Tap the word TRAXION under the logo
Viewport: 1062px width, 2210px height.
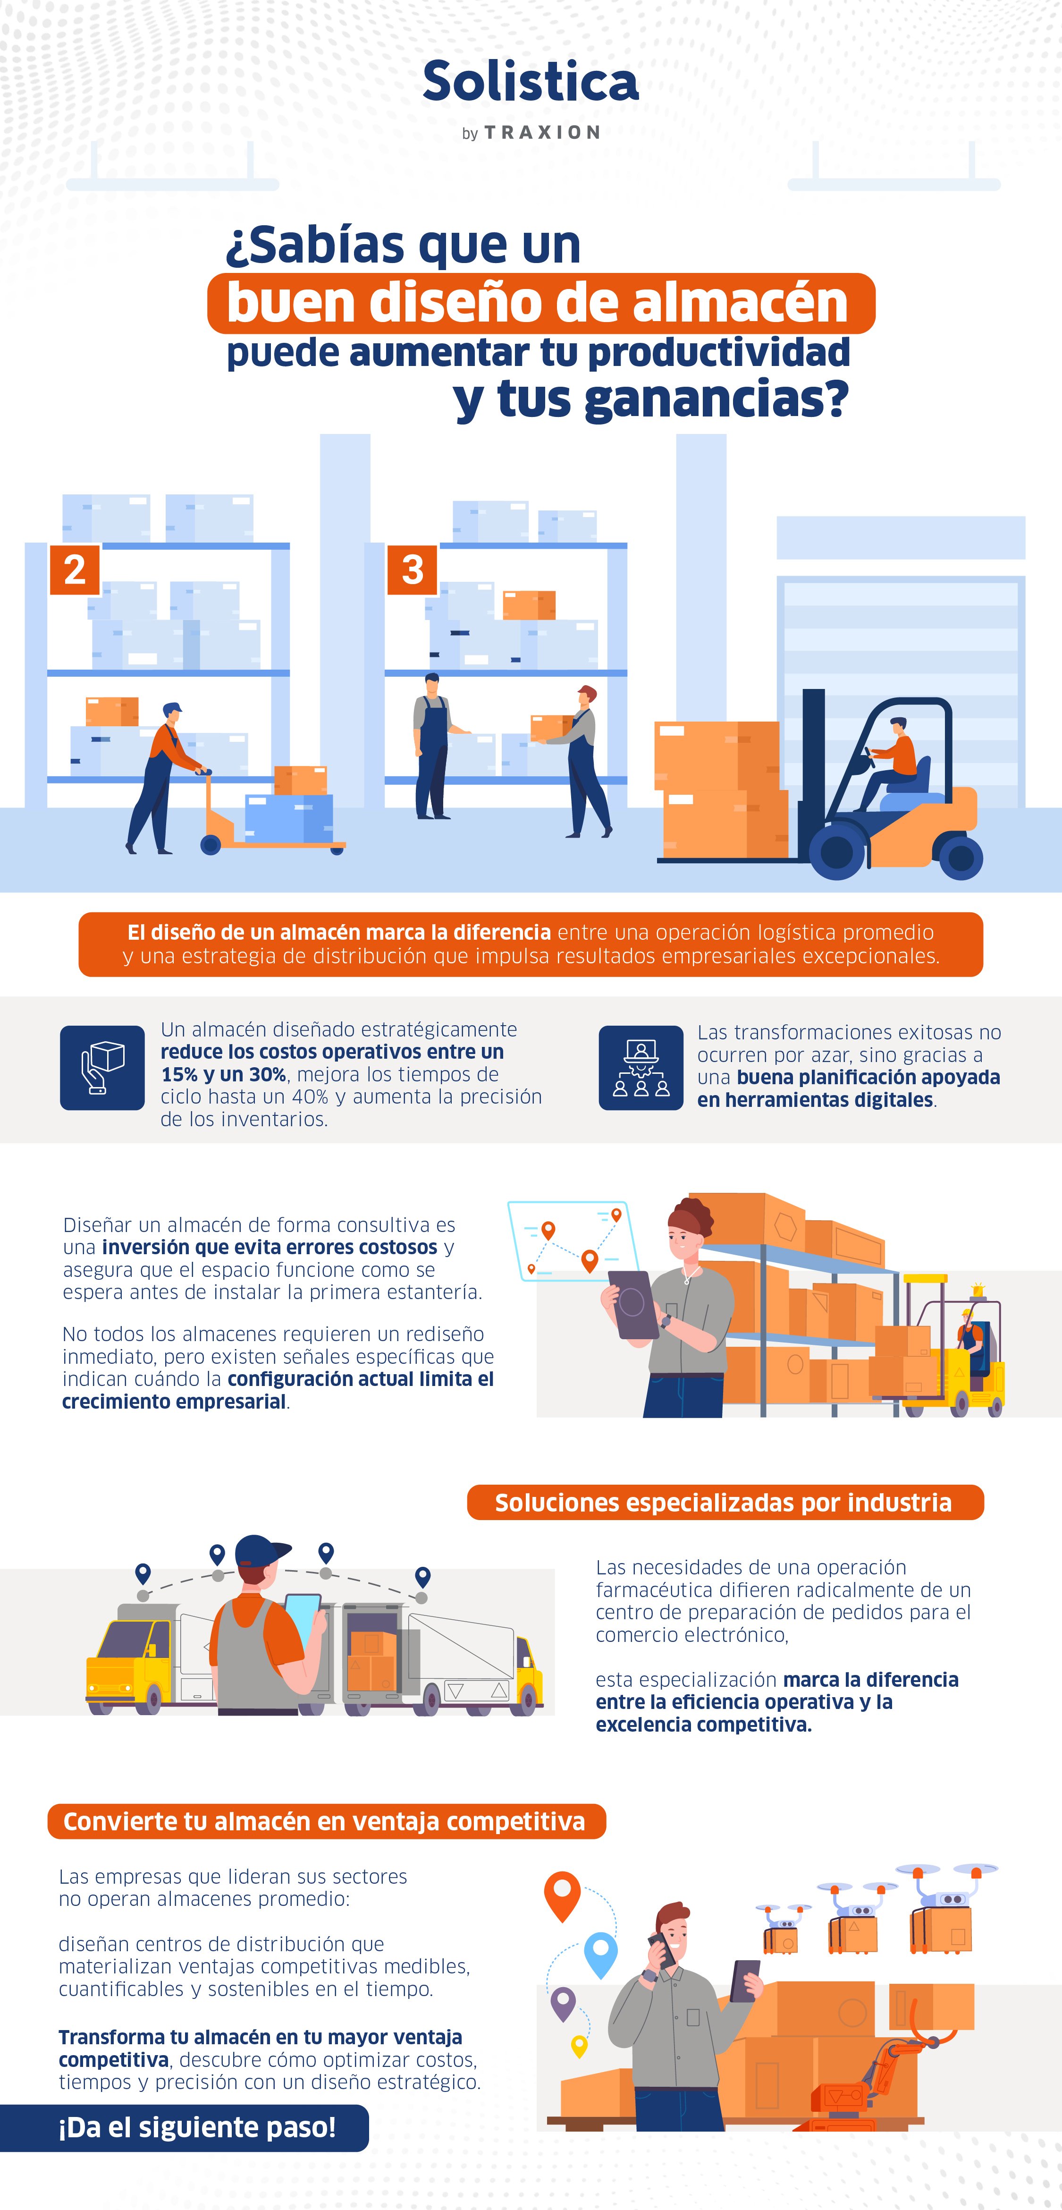[542, 133]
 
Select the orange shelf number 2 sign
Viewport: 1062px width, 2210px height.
[75, 569]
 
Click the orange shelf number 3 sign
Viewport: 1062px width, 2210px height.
[413, 569]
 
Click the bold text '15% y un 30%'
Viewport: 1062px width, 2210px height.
[223, 1074]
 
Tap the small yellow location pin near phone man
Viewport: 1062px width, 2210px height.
[579, 2046]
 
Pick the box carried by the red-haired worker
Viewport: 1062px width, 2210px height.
[549, 728]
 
